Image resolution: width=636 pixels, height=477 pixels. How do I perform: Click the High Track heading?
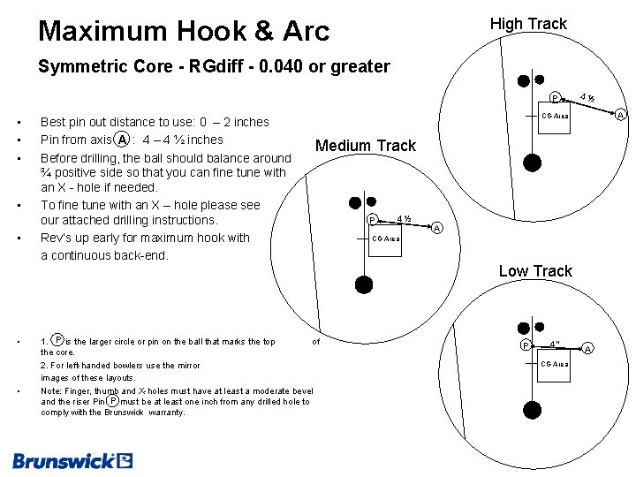coord(528,24)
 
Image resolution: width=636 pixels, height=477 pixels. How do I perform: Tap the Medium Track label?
coord(365,146)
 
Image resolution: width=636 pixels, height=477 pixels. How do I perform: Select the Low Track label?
coord(535,271)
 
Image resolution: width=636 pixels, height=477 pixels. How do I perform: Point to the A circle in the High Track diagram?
coord(621,115)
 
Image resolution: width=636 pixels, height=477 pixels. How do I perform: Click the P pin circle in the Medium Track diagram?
coord(373,220)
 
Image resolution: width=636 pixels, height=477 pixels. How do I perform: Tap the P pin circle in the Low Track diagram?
coord(525,344)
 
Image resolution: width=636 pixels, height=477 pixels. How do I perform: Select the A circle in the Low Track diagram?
coord(588,348)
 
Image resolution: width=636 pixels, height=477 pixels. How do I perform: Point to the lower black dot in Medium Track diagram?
coord(364,284)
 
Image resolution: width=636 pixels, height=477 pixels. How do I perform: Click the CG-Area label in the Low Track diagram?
coord(556,364)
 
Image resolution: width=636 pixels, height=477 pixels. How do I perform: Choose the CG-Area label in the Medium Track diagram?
coord(386,238)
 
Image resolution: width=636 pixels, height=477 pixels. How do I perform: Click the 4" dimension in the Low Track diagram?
coord(554,343)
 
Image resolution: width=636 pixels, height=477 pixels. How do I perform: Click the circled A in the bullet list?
coord(122,140)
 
